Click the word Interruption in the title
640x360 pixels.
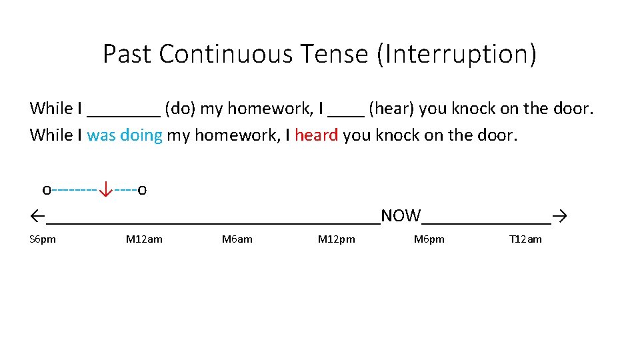point(457,54)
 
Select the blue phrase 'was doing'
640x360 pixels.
point(125,135)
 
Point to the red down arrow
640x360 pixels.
point(105,191)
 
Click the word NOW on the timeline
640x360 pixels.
point(401,216)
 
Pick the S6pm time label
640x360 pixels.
point(43,239)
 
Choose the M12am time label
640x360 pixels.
point(144,239)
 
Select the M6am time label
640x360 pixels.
point(237,239)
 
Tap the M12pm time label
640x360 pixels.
point(337,239)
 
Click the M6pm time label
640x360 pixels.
point(429,239)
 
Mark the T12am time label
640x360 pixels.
point(525,239)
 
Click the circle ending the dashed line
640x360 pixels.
point(143,191)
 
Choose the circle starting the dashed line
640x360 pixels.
point(46,191)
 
